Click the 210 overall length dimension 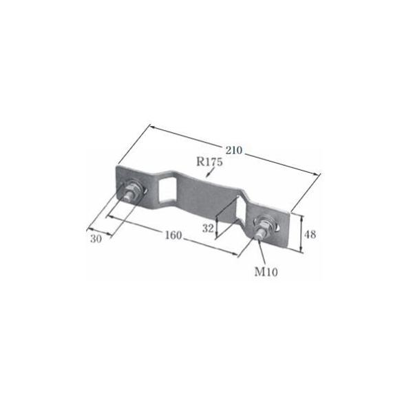[233, 147]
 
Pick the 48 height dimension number [310, 234]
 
